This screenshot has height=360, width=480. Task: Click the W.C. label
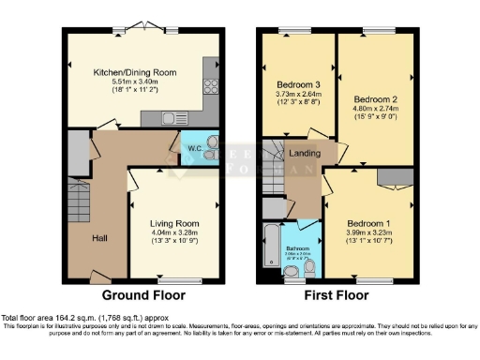[x=195, y=148]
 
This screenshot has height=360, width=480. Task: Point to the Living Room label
[x=175, y=223]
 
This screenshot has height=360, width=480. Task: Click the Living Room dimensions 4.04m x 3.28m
[x=175, y=232]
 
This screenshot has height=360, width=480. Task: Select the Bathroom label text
[x=299, y=248]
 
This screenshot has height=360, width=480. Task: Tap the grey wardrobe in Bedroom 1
[x=392, y=175]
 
